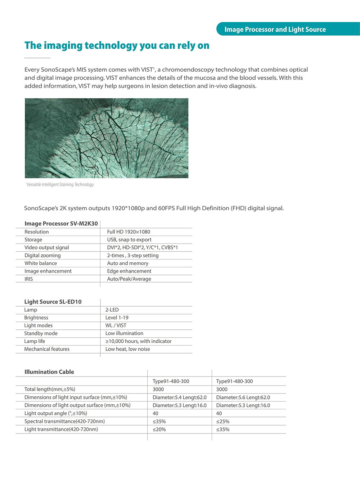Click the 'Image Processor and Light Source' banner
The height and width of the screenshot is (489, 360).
pos(275,30)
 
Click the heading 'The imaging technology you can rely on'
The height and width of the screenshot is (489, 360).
pos(117,46)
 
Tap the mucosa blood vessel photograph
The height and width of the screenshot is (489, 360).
pos(107,138)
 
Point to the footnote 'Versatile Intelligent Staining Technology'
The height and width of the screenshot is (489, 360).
pos(60,185)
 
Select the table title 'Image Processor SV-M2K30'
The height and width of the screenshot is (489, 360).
pos(61,223)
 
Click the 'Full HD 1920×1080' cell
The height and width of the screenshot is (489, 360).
pos(129,232)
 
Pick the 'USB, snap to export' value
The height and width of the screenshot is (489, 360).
pos(129,240)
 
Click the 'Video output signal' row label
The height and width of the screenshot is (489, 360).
pos(47,248)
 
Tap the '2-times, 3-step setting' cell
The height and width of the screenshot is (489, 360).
pos(132,255)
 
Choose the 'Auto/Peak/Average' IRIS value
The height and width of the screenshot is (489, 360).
pos(129,279)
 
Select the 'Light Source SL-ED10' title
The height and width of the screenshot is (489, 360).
pos(53,302)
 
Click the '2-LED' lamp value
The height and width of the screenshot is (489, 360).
pos(112,310)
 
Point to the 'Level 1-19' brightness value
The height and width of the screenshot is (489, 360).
pos(117,318)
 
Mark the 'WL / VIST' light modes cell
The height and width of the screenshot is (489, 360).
pos(116,325)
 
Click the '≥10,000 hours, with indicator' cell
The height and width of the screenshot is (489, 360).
pos(138,341)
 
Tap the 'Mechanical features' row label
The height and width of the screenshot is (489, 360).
pos(47,349)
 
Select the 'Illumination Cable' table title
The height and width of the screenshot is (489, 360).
pos(49,372)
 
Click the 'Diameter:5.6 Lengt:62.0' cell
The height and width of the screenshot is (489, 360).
pos(243,397)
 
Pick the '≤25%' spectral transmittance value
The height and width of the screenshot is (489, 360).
pos(222,421)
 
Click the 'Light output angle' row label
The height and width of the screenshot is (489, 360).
pos(56,413)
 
